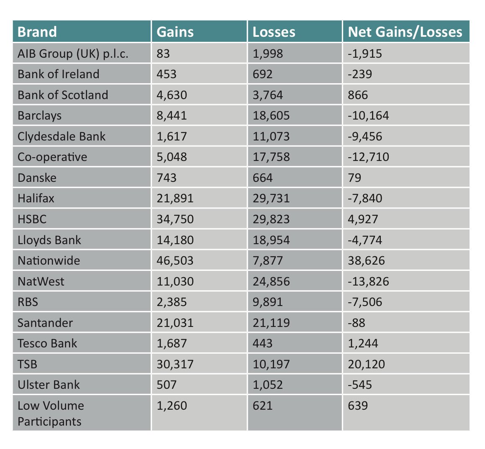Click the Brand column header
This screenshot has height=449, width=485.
tap(37, 32)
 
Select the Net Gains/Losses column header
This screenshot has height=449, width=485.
tap(405, 32)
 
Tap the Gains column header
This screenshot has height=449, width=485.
tap(175, 32)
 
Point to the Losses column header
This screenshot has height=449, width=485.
tap(274, 32)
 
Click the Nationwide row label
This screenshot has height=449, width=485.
tap(49, 260)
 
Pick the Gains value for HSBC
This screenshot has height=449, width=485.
tap(175, 219)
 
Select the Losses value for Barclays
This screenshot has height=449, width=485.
tap(271, 115)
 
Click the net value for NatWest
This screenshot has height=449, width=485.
tap(368, 281)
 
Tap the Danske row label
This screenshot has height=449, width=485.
tap(37, 178)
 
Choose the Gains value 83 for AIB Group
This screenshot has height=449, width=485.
tap(163, 54)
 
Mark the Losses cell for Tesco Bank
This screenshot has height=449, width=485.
tap(262, 343)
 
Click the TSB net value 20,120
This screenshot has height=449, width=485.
tap(366, 364)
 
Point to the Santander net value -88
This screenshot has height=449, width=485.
tap(357, 323)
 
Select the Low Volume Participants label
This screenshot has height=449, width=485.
tap(50, 413)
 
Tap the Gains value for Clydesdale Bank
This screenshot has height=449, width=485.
tap(172, 136)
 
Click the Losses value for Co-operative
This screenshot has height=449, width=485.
tap(271, 157)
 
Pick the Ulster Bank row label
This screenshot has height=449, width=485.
tap(49, 385)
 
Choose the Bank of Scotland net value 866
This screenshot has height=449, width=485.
tap(358, 95)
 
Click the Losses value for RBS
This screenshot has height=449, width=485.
tap(268, 302)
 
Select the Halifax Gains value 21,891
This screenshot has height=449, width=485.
tap(175, 198)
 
